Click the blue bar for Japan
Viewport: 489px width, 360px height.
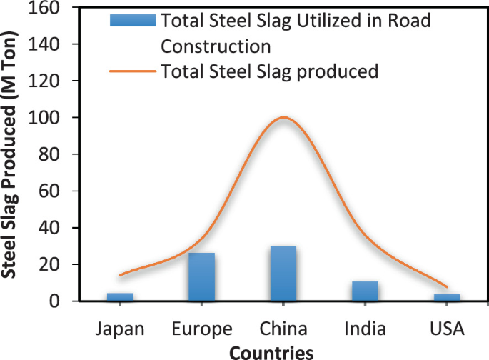coord(120,297)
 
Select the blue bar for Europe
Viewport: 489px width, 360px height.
coord(201,277)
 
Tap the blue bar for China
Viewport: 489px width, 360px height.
coord(283,274)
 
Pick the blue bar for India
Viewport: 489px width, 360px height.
coord(365,291)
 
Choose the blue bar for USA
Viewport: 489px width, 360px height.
coord(447,297)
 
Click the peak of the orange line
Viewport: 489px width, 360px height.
coord(284,117)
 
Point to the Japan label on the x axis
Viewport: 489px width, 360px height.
coord(120,329)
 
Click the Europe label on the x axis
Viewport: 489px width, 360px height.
coord(202,329)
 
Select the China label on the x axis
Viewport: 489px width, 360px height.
coord(283,329)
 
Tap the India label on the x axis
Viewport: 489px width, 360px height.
coord(365,329)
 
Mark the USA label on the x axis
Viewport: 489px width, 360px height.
coord(447,329)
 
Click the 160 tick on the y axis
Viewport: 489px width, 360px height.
coord(45,9)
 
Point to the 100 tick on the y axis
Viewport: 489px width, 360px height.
coord(45,118)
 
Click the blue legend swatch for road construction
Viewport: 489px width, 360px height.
coord(132,21)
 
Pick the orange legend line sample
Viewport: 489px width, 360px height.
coord(132,71)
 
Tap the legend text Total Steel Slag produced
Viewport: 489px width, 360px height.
coord(269,71)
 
